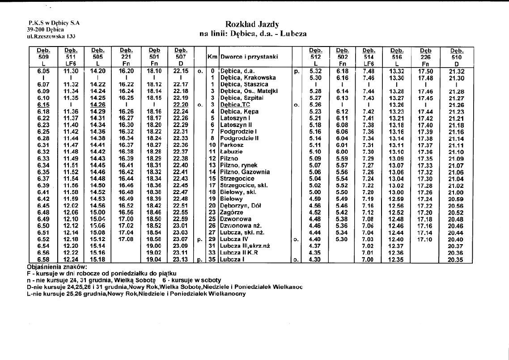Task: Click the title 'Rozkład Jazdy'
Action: pos(253,24)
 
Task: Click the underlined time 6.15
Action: pos(44,105)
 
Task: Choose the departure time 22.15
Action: pos(181,71)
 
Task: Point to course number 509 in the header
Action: pos(43,57)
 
